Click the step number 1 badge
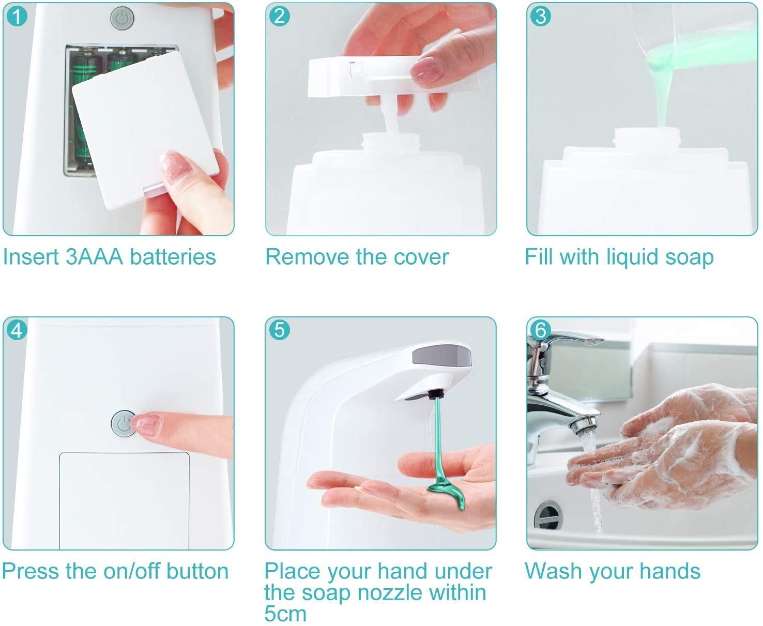pos(17,17)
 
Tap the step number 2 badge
pos(280,17)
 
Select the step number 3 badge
pos(541,17)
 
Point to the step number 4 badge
pos(17,330)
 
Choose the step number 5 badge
pos(280,330)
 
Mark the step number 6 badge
pos(541,330)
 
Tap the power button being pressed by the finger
pos(123,423)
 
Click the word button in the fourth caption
pos(197,571)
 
